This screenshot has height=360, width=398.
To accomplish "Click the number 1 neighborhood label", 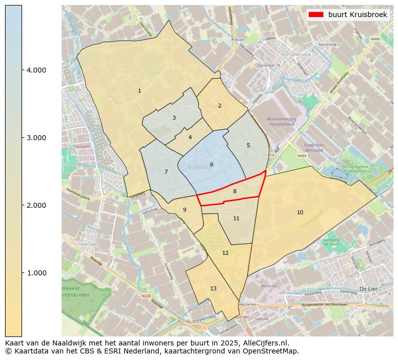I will [x=139, y=91].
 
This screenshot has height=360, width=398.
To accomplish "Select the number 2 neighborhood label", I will [x=220, y=106].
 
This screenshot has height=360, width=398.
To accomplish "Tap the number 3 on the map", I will [x=174, y=118].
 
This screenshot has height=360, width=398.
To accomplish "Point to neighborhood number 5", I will [x=248, y=145].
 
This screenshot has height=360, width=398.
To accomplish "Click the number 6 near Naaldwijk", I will [x=212, y=164].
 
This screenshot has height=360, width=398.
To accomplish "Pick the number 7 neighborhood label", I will [x=166, y=172].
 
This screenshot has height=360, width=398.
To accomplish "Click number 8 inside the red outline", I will [x=235, y=191].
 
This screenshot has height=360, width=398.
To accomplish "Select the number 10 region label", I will [x=300, y=212].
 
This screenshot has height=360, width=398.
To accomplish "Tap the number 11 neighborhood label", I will [x=236, y=218].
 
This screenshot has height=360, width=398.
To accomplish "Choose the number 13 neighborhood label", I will [x=214, y=288].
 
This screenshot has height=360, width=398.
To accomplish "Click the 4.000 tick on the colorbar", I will [x=36, y=70].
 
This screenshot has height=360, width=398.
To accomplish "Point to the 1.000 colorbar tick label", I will [x=36, y=273].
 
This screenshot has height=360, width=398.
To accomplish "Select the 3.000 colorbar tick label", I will [x=36, y=138].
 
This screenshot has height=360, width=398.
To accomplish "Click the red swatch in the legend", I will [x=316, y=15].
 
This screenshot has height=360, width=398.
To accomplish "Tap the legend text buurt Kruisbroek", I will [x=357, y=15].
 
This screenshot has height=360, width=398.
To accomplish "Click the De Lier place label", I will [x=368, y=289].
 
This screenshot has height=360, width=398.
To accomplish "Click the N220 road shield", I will [x=146, y=296].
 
